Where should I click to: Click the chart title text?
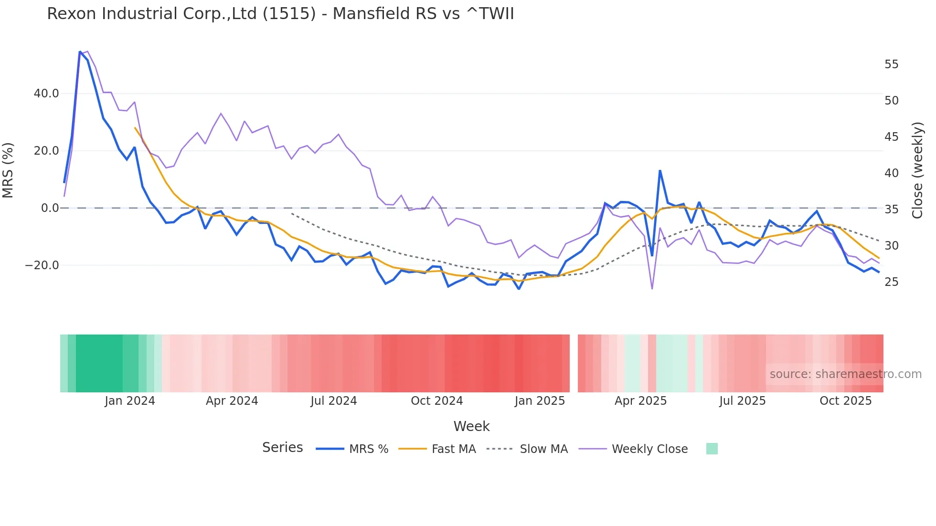[x=280, y=14]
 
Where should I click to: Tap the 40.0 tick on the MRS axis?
[x=46, y=94]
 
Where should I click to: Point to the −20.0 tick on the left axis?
[x=42, y=265]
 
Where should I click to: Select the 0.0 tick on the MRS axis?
[x=50, y=208]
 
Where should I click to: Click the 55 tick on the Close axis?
[x=891, y=64]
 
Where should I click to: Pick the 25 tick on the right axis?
[x=891, y=282]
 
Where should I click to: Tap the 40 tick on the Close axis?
[x=891, y=173]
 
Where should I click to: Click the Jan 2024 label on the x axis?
[x=130, y=401]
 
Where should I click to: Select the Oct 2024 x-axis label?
[x=436, y=401]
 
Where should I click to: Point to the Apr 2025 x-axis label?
[x=640, y=401]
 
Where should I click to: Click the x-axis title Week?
[x=471, y=426]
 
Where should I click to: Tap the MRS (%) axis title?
[x=8, y=170]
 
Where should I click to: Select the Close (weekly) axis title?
[x=917, y=170]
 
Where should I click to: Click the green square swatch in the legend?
[x=712, y=449]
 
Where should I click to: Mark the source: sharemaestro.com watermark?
[x=845, y=374]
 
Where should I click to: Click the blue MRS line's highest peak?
[x=80, y=52]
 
